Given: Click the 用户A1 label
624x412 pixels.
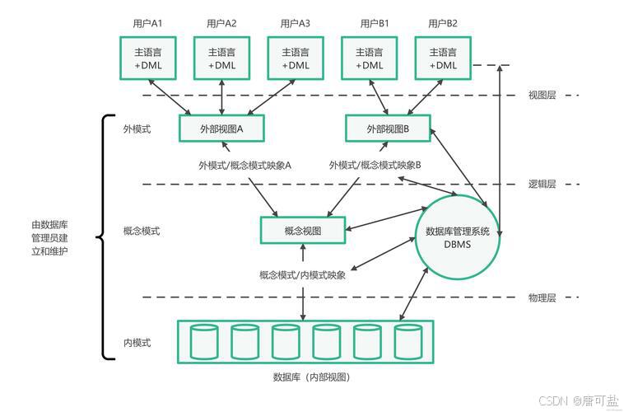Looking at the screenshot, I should tap(147, 23).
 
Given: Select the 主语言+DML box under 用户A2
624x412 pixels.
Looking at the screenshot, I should tap(221, 58).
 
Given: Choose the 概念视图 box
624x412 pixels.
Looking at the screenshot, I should tap(302, 231).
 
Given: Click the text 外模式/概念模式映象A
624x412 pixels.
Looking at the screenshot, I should tap(245, 165).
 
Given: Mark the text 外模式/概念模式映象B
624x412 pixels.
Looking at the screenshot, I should tap(375, 165).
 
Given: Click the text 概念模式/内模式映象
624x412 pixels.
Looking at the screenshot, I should tap(302, 275).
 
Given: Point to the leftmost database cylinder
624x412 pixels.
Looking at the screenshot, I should tap(204, 341).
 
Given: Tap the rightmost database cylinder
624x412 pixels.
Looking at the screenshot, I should tap(407, 341).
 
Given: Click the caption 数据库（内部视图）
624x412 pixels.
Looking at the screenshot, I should tap(311, 377).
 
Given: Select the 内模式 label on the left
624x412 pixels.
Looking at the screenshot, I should tap(137, 343).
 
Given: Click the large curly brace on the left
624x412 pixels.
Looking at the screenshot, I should tap(104, 237).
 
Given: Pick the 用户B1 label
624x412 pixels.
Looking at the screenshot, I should tap(375, 23).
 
